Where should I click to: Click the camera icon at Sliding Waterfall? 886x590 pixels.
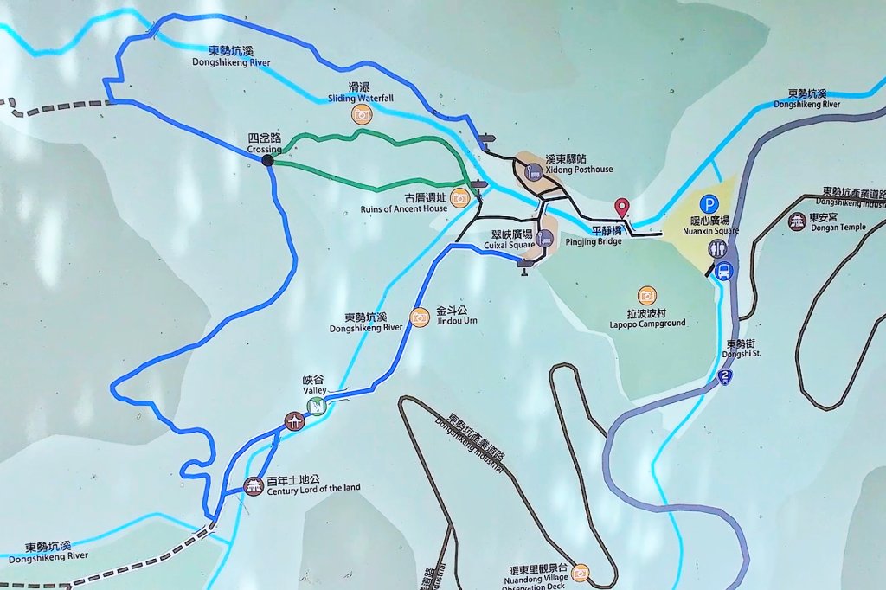(x=361, y=114)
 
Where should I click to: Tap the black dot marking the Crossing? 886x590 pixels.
(x=267, y=160)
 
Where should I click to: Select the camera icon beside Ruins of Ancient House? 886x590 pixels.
(x=459, y=198)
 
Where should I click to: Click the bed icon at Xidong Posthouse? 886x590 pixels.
(x=535, y=171)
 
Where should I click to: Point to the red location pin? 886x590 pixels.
(x=621, y=208)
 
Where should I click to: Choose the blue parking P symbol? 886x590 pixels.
(x=709, y=204)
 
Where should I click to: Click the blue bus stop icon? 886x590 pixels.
(x=724, y=271)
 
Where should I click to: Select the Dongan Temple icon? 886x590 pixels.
(x=797, y=221)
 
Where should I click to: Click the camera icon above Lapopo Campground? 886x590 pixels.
(x=646, y=296)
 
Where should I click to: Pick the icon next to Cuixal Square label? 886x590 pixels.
(x=544, y=238)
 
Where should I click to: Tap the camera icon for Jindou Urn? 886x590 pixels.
(x=420, y=317)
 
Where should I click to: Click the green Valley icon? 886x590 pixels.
(x=318, y=405)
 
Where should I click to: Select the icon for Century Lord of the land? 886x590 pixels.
(x=254, y=486)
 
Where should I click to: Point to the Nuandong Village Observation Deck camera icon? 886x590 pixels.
(x=580, y=572)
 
